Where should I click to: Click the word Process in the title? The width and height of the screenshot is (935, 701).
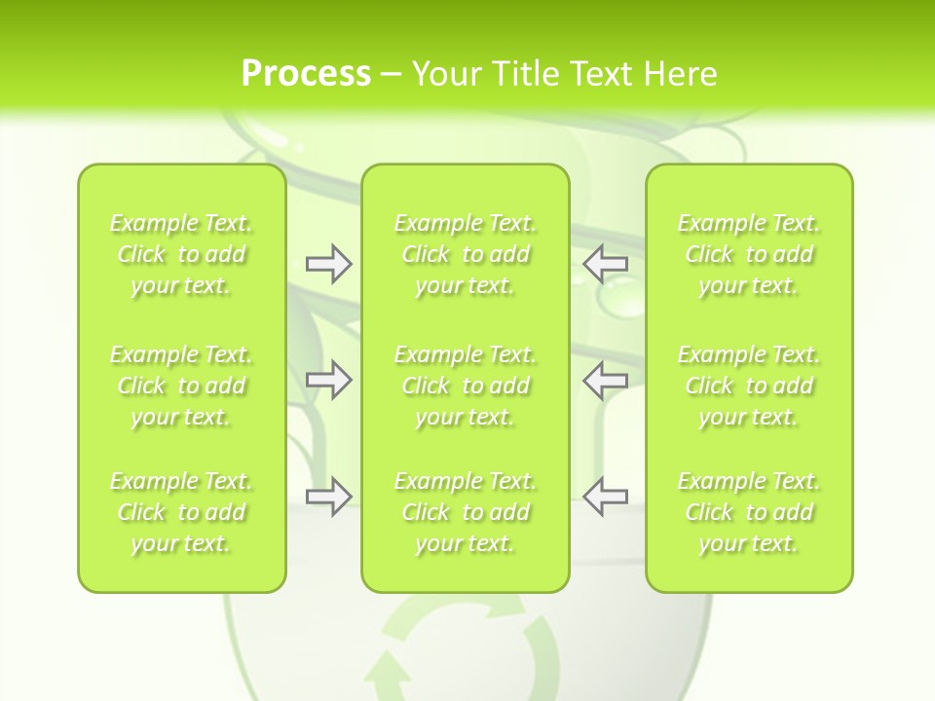tap(306, 74)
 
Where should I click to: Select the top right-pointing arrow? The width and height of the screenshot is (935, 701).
tap(328, 264)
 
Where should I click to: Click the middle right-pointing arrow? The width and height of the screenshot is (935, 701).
tap(328, 380)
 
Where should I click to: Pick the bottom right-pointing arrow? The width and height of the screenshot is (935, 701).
tap(328, 497)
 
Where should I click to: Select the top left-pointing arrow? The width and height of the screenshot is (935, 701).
tap(606, 264)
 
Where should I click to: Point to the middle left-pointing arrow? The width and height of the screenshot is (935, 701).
tap(606, 380)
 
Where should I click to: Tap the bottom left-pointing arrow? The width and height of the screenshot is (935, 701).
tap(606, 497)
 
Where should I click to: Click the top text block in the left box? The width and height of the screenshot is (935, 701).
tap(181, 255)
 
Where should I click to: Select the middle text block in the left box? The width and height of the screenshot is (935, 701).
tap(181, 386)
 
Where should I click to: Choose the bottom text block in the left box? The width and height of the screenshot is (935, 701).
tap(181, 512)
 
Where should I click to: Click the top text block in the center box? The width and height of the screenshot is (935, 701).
tap(466, 255)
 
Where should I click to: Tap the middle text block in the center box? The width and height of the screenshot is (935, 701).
tap(466, 386)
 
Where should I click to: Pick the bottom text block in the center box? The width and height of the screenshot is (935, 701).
tap(466, 512)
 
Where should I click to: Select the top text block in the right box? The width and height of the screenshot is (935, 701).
tap(749, 255)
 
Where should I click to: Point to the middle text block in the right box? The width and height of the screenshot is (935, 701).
tap(749, 386)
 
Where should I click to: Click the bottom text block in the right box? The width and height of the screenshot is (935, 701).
tap(749, 512)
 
